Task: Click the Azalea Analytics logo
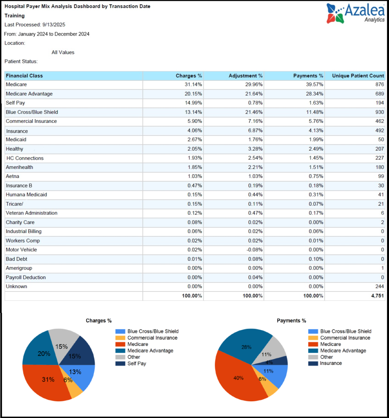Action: coord(355,13)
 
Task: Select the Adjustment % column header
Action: coord(245,76)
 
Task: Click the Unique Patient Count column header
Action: coord(358,76)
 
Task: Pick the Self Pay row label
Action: coord(15,103)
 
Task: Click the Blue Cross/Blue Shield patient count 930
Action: coord(379,112)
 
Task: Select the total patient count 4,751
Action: coord(377,296)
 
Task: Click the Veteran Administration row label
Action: coord(31,213)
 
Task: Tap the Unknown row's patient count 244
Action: coord(379,287)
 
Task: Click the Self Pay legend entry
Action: coord(136,363)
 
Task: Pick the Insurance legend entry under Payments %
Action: coord(331,363)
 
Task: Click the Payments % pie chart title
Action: coord(291,321)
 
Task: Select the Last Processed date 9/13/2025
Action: coord(54,25)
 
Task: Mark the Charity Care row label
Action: coord(20,222)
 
